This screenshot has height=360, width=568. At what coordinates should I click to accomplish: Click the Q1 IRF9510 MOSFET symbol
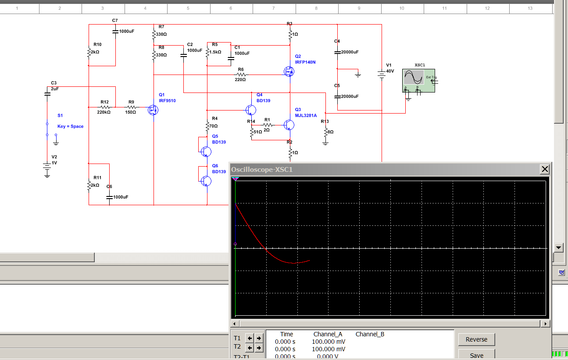tap(153, 110)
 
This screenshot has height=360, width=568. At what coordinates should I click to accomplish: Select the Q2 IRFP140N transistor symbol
tap(289, 71)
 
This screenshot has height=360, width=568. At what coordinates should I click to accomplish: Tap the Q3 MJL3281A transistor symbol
tap(289, 125)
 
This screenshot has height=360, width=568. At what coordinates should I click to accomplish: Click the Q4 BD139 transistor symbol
tap(251, 110)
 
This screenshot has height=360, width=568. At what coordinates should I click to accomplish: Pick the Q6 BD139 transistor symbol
tap(206, 181)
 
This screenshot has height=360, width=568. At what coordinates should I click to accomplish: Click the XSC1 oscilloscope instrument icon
tap(418, 81)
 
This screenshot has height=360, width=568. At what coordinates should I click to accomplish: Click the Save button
tap(476, 355)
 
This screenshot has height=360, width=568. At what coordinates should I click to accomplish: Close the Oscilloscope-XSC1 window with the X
tap(545, 169)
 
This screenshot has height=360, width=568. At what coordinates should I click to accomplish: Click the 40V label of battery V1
tap(390, 71)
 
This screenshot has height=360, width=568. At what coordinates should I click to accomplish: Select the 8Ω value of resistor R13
tap(331, 132)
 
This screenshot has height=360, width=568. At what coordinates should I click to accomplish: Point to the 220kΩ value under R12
tap(104, 112)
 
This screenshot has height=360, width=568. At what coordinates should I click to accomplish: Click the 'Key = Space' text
tap(71, 126)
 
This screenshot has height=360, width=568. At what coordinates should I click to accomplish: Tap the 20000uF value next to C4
tap(350, 52)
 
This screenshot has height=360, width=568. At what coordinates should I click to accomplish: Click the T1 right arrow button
tap(259, 338)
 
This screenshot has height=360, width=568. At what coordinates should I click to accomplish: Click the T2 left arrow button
tap(250, 348)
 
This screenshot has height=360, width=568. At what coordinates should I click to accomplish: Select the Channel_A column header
tap(328, 334)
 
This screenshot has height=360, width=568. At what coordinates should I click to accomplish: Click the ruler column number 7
tap(274, 8)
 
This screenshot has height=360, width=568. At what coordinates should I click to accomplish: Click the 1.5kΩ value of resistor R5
tap(215, 52)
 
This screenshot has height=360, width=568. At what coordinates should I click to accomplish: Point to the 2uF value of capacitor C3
tap(55, 89)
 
